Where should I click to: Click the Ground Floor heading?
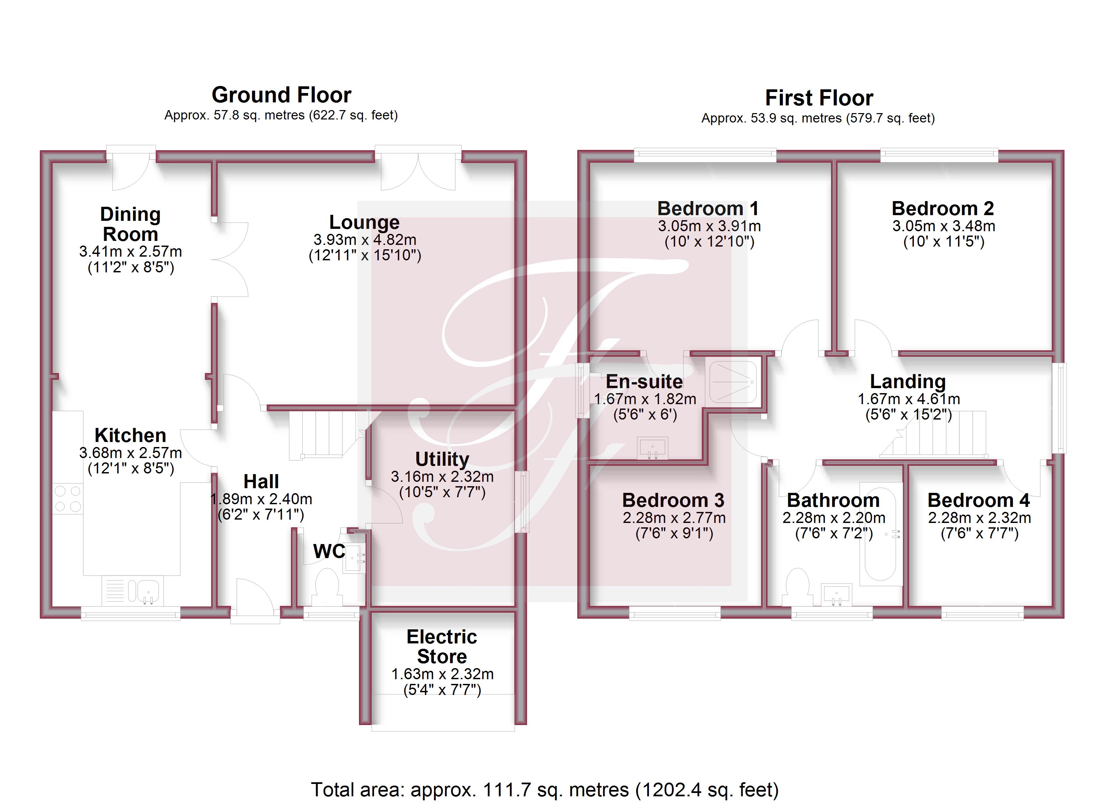point(281,95)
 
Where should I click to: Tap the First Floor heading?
point(819,98)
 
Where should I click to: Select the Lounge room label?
point(364,222)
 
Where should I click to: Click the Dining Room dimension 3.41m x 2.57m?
point(131,251)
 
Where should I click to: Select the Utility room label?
point(442,459)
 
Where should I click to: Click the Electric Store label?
point(442,646)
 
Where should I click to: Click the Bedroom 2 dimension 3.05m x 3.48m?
point(944,226)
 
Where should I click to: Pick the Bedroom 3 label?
point(673,500)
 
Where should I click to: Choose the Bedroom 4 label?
point(979,500)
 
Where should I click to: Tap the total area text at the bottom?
point(545,789)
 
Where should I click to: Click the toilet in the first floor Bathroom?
point(798,587)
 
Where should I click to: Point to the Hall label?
point(261,481)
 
